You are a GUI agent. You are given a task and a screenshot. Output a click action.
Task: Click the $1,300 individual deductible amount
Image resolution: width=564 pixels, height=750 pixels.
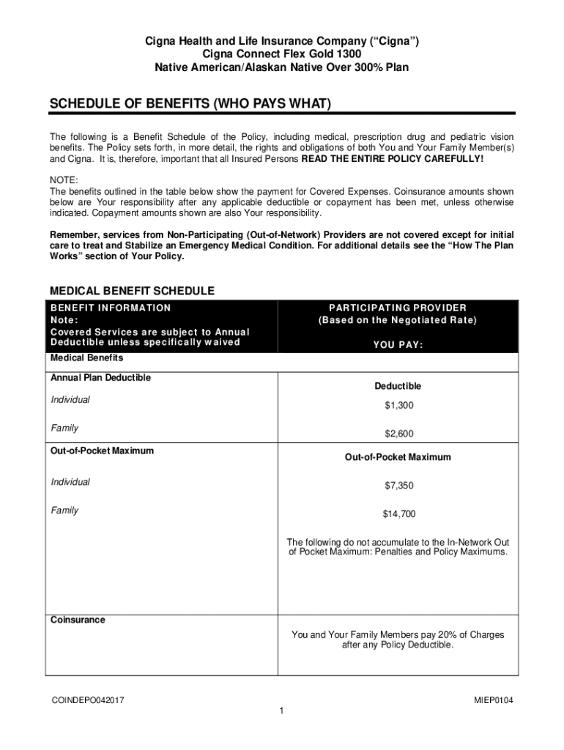point(398,406)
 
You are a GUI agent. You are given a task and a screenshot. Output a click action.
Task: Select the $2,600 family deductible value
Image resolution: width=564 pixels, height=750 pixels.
point(398,434)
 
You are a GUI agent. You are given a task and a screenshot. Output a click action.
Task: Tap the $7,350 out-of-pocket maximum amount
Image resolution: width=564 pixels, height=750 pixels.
point(398,486)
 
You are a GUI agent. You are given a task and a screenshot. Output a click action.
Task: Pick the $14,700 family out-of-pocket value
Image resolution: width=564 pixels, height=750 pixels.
point(398,514)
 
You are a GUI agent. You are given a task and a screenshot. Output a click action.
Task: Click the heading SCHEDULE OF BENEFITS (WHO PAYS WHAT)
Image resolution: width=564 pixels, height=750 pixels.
point(190,105)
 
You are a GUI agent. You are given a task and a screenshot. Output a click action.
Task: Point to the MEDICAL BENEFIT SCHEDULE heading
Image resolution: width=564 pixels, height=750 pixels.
point(132,291)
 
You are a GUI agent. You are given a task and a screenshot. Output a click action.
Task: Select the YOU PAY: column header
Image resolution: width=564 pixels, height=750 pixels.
point(398,346)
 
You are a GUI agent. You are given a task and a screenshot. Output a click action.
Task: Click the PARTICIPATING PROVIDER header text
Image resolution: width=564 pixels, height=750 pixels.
point(398,308)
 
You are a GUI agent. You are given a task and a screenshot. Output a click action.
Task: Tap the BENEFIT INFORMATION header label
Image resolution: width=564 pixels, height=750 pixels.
point(110,308)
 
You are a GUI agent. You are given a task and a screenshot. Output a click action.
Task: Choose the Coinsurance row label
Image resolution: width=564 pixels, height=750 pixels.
point(78,620)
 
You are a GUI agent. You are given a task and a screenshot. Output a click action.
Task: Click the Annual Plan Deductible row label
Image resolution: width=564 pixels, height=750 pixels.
point(100,378)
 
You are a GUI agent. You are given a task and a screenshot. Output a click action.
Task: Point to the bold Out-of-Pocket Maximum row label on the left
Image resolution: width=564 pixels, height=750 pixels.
point(102,450)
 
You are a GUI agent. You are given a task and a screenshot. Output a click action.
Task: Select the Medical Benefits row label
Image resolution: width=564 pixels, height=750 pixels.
point(86,358)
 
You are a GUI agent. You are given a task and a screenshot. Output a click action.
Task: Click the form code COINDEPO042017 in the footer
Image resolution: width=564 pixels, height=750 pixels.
point(87,701)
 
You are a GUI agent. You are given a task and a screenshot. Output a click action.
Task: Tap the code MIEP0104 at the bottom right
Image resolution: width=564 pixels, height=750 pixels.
point(494,701)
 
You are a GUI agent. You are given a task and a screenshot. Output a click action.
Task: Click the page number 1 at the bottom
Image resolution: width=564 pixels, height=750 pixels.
point(282,711)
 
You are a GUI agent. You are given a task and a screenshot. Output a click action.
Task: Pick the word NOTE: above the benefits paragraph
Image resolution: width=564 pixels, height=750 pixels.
point(64,181)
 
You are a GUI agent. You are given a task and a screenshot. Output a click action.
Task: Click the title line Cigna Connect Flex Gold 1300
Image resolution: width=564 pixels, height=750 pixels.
point(281,54)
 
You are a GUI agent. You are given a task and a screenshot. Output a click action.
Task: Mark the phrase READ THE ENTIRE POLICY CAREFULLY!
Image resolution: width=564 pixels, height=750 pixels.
point(393,158)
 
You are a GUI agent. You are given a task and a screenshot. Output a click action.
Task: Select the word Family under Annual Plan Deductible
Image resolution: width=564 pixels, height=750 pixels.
point(64,428)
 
